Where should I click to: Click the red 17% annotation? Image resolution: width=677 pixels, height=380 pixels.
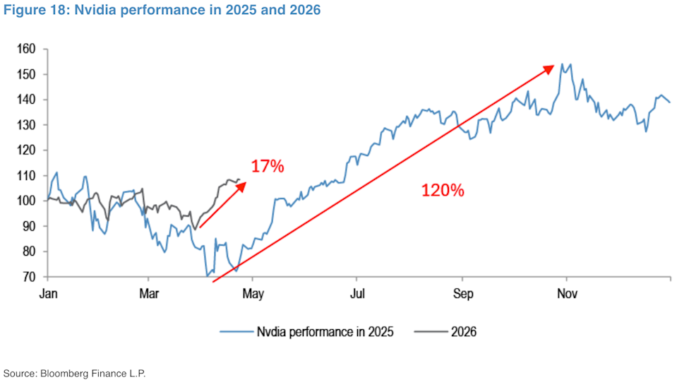[x=267, y=167]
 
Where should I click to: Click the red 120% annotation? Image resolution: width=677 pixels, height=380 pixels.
[x=443, y=190]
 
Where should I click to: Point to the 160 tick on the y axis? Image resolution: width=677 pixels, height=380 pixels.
[x=26, y=49]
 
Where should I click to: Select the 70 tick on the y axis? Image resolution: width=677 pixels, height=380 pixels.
[x=29, y=277]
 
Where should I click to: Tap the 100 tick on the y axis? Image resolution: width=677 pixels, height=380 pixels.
[x=26, y=201]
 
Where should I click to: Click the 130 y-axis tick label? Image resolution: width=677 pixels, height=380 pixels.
[x=26, y=125]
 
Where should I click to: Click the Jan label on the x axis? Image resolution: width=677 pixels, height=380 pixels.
[x=47, y=292]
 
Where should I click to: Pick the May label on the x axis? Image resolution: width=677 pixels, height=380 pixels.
[x=252, y=292]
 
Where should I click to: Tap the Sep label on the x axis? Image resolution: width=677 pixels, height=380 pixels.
[x=462, y=292]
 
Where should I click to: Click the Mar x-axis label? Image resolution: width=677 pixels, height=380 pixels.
[x=148, y=292]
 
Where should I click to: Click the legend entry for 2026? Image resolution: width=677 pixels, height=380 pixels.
[x=463, y=331]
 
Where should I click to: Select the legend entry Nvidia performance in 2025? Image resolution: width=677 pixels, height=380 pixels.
[x=325, y=331]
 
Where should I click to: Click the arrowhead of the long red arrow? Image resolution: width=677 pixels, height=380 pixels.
[x=550, y=68]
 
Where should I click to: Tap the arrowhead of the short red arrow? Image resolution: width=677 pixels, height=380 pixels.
[x=243, y=185]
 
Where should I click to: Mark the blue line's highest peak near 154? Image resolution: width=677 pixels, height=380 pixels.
[x=562, y=64]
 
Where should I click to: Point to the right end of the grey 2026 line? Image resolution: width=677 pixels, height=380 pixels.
[x=240, y=179]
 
